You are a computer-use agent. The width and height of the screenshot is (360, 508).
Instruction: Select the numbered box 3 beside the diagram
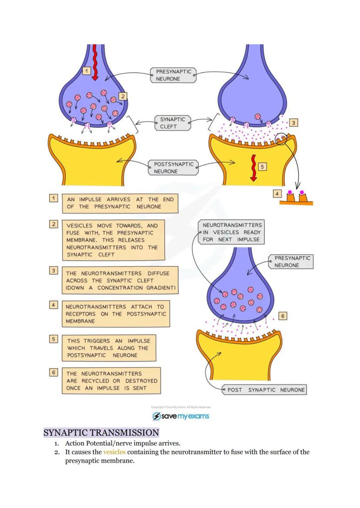coord(294,123)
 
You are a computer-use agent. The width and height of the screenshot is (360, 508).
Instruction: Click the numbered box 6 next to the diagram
coord(283,316)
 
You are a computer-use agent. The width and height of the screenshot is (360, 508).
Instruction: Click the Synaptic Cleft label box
coord(173,123)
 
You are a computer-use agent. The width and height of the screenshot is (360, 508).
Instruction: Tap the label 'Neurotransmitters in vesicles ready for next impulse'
coord(232,232)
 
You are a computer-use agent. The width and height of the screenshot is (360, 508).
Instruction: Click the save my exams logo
coord(180,416)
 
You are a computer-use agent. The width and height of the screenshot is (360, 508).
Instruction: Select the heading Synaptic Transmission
coord(101,433)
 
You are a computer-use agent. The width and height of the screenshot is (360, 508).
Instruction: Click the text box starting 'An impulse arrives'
coord(120,203)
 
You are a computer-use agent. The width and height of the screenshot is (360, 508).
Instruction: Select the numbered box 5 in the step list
coord(53,338)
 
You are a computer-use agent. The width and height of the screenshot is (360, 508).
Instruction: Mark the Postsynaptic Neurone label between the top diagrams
coord(173,168)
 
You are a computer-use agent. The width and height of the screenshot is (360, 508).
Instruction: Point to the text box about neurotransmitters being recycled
coord(111,381)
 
